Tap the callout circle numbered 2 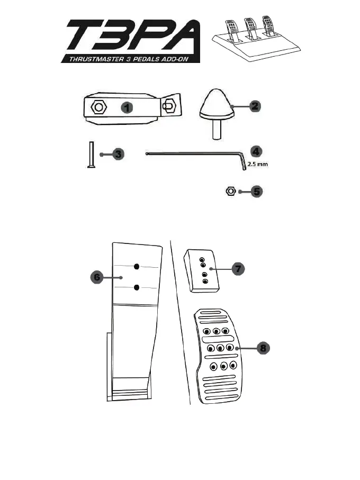tap(255, 106)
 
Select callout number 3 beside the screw tap(118, 155)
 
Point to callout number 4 tap(255, 151)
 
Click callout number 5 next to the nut tap(256, 191)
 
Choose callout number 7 tap(238, 269)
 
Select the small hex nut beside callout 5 tap(230, 191)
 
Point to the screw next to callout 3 tap(89, 155)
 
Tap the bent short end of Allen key tap(243, 162)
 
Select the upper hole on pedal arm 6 tap(137, 266)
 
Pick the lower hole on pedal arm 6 tap(137, 287)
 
